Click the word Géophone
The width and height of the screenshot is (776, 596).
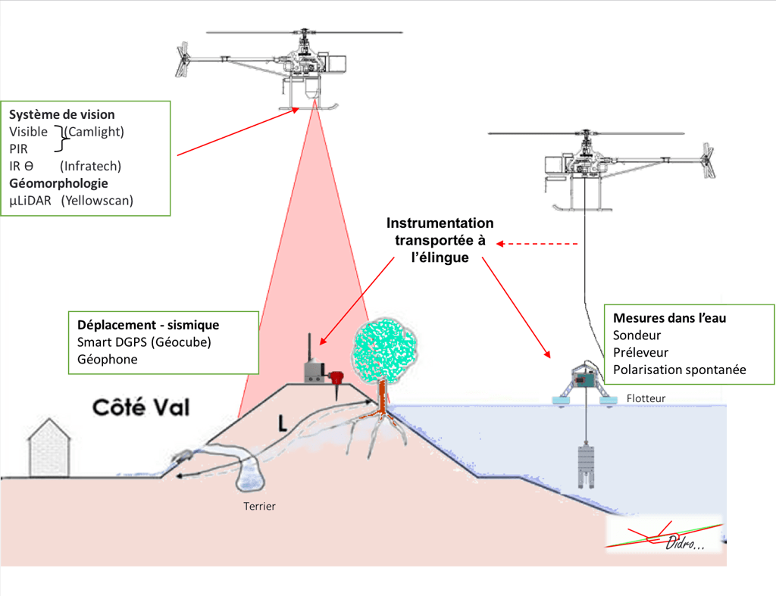tap(108, 360)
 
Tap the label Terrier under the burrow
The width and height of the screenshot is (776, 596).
tap(259, 506)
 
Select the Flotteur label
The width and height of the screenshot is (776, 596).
tap(646, 397)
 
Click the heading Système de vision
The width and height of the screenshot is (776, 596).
tap(62, 115)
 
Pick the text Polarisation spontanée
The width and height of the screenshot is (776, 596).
tap(678, 370)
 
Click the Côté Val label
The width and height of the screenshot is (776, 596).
tap(141, 408)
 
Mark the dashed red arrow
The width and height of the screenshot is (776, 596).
tap(539, 244)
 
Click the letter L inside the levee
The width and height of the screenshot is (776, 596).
tap(282, 425)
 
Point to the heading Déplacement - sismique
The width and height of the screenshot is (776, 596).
tap(149, 325)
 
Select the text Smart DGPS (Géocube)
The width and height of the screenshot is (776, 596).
tap(144, 342)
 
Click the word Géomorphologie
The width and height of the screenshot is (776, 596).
tap(58, 183)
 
